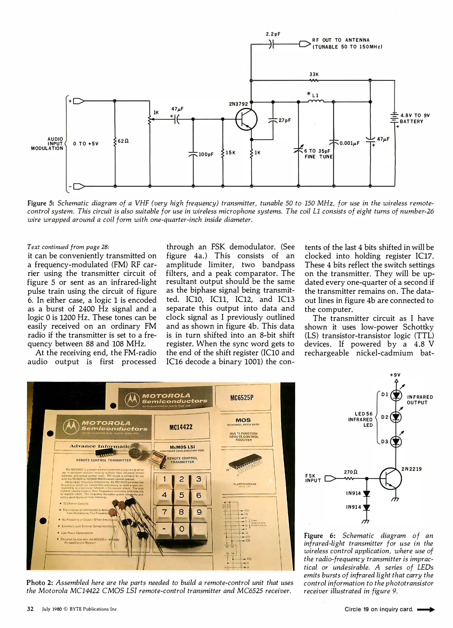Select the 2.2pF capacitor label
273,34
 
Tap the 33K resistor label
314,75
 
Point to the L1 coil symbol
316,101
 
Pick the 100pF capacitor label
206,154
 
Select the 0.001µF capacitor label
350,143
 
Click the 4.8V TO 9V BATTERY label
415,118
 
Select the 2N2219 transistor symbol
391,478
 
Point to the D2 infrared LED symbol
396,417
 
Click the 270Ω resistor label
350,472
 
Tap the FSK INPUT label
313,478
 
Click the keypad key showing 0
182,529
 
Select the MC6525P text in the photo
242,397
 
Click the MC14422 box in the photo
181,427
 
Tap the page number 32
30,609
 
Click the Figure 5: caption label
41,203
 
